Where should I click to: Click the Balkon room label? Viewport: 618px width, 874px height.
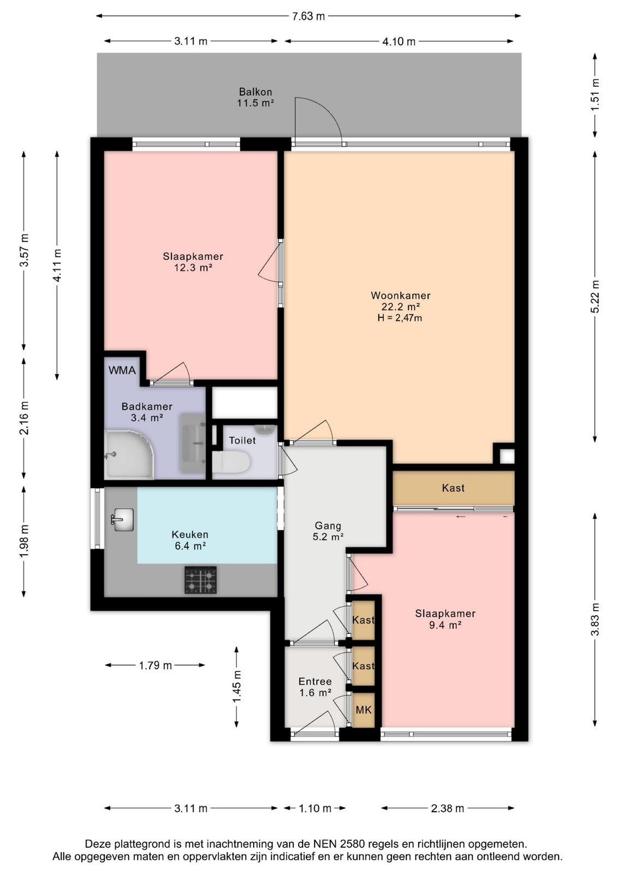point(255,92)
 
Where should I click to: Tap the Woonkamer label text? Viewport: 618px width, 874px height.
point(400,296)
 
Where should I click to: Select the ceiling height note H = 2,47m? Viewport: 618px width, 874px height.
point(400,317)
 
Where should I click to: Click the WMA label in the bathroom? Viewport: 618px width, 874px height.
point(122,370)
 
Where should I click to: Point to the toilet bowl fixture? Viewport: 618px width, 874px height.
point(231,462)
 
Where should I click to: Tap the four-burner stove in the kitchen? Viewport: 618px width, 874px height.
point(200,580)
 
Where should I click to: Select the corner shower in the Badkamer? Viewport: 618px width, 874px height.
point(129,454)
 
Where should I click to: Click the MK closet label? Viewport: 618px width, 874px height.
point(364,710)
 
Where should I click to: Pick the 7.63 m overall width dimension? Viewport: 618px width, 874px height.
point(308,16)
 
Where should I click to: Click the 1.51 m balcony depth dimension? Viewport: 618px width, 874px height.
point(595,95)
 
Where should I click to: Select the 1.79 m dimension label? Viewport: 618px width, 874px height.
point(155,665)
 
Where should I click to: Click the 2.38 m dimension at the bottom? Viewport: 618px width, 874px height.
point(447,808)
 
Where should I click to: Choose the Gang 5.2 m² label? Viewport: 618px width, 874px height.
point(328,532)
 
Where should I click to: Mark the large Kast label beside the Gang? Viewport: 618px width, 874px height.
point(453,488)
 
